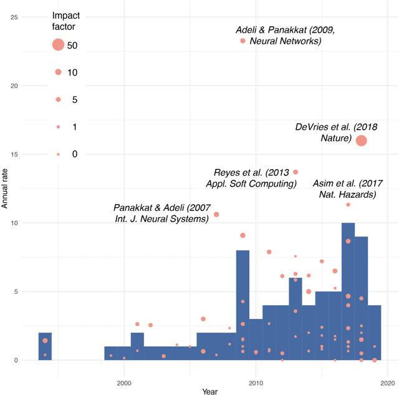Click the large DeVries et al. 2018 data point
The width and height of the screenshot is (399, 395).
[361, 141]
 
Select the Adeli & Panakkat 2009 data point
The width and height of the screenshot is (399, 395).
[243, 41]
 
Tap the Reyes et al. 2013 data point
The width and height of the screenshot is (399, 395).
[296, 172]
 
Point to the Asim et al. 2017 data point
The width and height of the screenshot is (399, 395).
[348, 205]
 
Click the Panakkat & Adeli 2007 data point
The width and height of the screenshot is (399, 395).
[216, 215]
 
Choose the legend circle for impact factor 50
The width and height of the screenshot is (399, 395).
[58, 44]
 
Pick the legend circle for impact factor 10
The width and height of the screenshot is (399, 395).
[58, 72]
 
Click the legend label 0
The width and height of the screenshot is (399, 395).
[75, 154]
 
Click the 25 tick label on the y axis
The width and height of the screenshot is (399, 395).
[14, 17]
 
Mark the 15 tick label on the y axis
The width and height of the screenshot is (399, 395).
[14, 154]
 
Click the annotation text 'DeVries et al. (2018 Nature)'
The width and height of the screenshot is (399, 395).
[324, 132]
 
